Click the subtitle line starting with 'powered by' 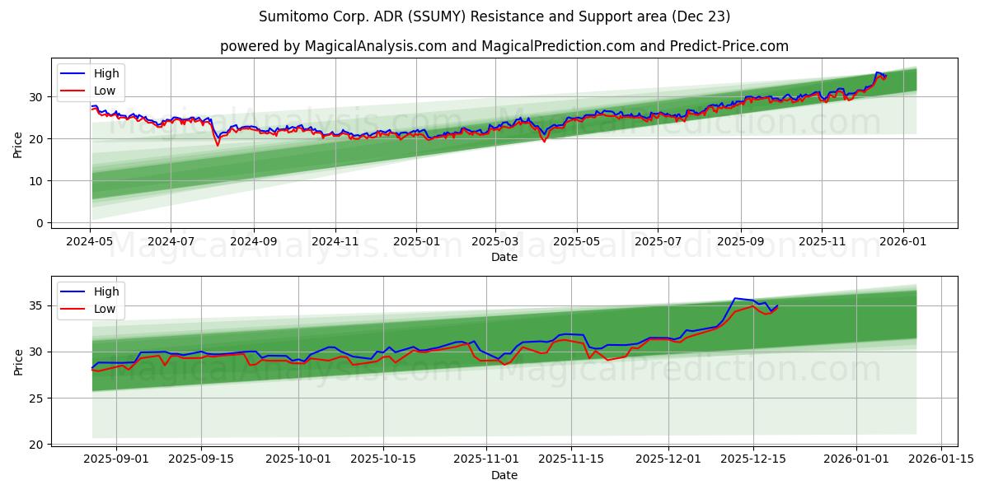(x=504, y=46)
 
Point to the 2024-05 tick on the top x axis (x=90, y=242)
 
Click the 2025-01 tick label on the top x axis (x=416, y=242)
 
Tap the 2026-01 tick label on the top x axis (x=903, y=242)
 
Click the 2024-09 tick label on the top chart (x=253, y=242)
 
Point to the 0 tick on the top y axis (x=38, y=223)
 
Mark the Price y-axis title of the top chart (x=18, y=145)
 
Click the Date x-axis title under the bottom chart (x=504, y=475)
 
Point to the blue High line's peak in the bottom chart (x=734, y=298)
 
